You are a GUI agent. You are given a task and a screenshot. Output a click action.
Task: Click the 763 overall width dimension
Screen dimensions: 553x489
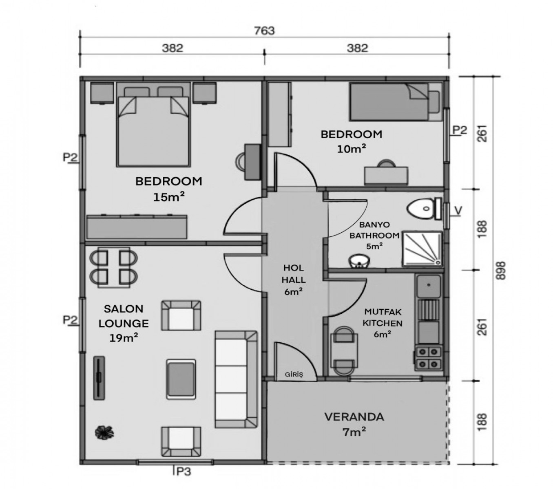(264, 31)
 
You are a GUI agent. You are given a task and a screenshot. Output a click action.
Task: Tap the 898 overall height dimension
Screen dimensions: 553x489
(501, 271)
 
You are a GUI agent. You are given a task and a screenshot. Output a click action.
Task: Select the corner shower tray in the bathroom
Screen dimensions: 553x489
(422, 249)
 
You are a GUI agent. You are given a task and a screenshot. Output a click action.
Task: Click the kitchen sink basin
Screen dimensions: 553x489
(429, 286)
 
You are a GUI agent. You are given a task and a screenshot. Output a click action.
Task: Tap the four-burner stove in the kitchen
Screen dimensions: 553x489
(428, 358)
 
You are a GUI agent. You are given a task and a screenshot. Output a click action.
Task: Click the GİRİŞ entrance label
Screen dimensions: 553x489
(294, 374)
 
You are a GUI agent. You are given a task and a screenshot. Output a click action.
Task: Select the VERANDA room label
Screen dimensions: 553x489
(354, 417)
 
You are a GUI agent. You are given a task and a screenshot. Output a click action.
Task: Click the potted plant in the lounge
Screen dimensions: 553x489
(104, 432)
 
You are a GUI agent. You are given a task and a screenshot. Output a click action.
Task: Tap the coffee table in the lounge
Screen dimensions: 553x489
(181, 379)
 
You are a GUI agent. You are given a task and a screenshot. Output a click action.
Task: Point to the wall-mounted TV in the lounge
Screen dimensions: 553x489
(99, 378)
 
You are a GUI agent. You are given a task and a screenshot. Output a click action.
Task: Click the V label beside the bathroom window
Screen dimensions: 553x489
(458, 210)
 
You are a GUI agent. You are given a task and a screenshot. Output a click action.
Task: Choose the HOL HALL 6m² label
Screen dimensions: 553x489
(293, 280)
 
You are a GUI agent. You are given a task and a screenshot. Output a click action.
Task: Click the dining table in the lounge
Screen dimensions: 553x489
(114, 267)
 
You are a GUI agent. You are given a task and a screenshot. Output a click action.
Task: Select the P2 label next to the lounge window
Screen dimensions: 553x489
(70, 319)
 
